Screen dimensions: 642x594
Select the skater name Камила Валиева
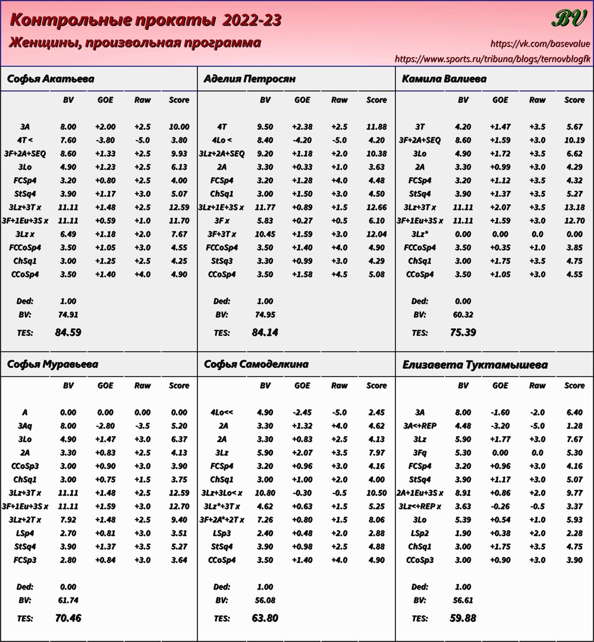click(444, 79)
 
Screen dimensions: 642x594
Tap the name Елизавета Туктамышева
click(475, 364)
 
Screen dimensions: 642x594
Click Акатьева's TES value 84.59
click(68, 332)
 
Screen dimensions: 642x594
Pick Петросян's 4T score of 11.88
click(377, 127)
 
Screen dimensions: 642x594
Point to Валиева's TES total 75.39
click(463, 332)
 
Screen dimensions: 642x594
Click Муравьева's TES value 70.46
click(68, 618)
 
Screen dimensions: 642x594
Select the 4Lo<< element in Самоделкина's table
click(222, 412)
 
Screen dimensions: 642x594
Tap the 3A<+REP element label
click(420, 426)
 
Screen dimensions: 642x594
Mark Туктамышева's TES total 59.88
click(463, 618)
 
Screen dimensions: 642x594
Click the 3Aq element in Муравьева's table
click(24, 426)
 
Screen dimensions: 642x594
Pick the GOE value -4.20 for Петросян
click(302, 140)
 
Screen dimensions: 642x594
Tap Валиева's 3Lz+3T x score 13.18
click(574, 207)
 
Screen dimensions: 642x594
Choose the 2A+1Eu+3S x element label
click(420, 493)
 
